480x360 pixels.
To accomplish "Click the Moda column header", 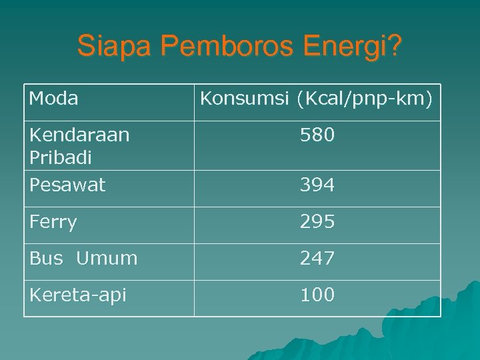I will (54, 99).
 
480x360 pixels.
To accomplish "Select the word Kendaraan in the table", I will (79, 135).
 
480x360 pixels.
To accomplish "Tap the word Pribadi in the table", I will (61, 158).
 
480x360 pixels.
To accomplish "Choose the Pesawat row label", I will (67, 185).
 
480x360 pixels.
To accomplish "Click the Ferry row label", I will (53, 222).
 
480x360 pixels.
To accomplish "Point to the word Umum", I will (107, 258).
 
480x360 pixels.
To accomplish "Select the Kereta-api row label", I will (77, 295).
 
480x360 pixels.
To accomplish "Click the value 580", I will (317, 136).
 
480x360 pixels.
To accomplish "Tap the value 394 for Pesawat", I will (317, 185).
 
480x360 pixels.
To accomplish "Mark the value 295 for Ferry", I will (317, 222).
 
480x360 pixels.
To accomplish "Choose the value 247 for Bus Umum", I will (317, 258).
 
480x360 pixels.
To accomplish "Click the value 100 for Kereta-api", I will (317, 295).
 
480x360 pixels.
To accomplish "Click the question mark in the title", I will (395, 47).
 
